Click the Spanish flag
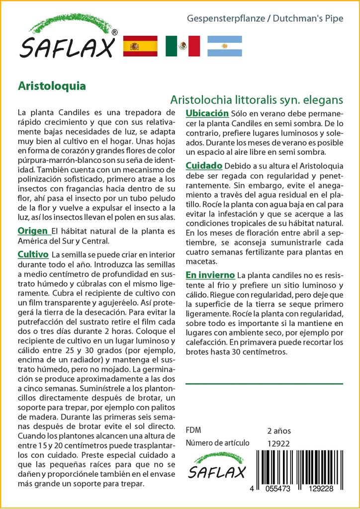(140, 46)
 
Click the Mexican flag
(182, 46)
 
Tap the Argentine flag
(224, 46)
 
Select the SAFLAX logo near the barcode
(216, 466)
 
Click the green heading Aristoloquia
(52, 85)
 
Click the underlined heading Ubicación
(207, 113)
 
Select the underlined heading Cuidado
(204, 165)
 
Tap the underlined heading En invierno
(210, 275)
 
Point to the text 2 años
(279, 430)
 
